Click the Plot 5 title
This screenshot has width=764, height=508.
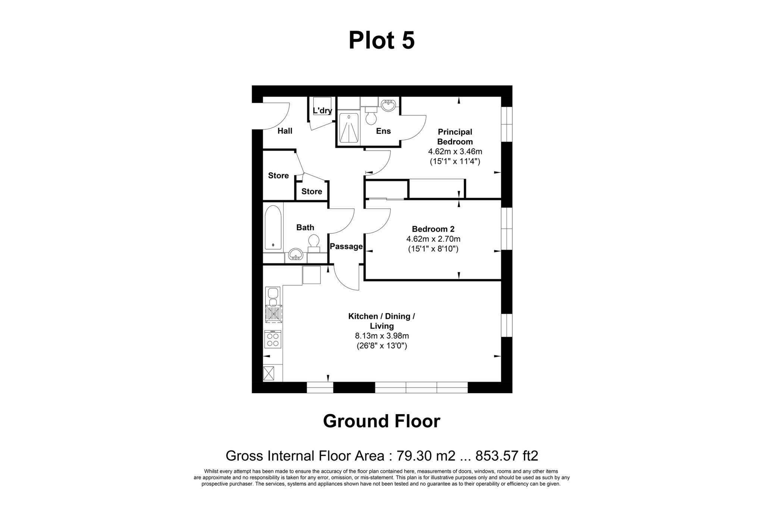click(x=381, y=40)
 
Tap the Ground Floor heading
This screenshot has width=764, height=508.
click(x=381, y=421)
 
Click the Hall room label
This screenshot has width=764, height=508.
click(x=285, y=131)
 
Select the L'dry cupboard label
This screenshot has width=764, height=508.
click(x=322, y=111)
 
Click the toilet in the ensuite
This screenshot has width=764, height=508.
click(x=371, y=116)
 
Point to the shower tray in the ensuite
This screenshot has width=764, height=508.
click(x=349, y=128)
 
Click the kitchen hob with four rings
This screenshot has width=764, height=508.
click(x=273, y=339)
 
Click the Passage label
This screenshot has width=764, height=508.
click(x=346, y=246)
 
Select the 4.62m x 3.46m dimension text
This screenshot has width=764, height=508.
click(x=455, y=152)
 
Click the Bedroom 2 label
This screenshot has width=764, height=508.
click(x=433, y=229)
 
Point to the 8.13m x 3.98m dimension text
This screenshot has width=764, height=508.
click(x=382, y=336)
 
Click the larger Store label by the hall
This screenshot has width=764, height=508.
click(x=278, y=176)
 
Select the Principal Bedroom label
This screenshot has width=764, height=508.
click(x=455, y=137)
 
